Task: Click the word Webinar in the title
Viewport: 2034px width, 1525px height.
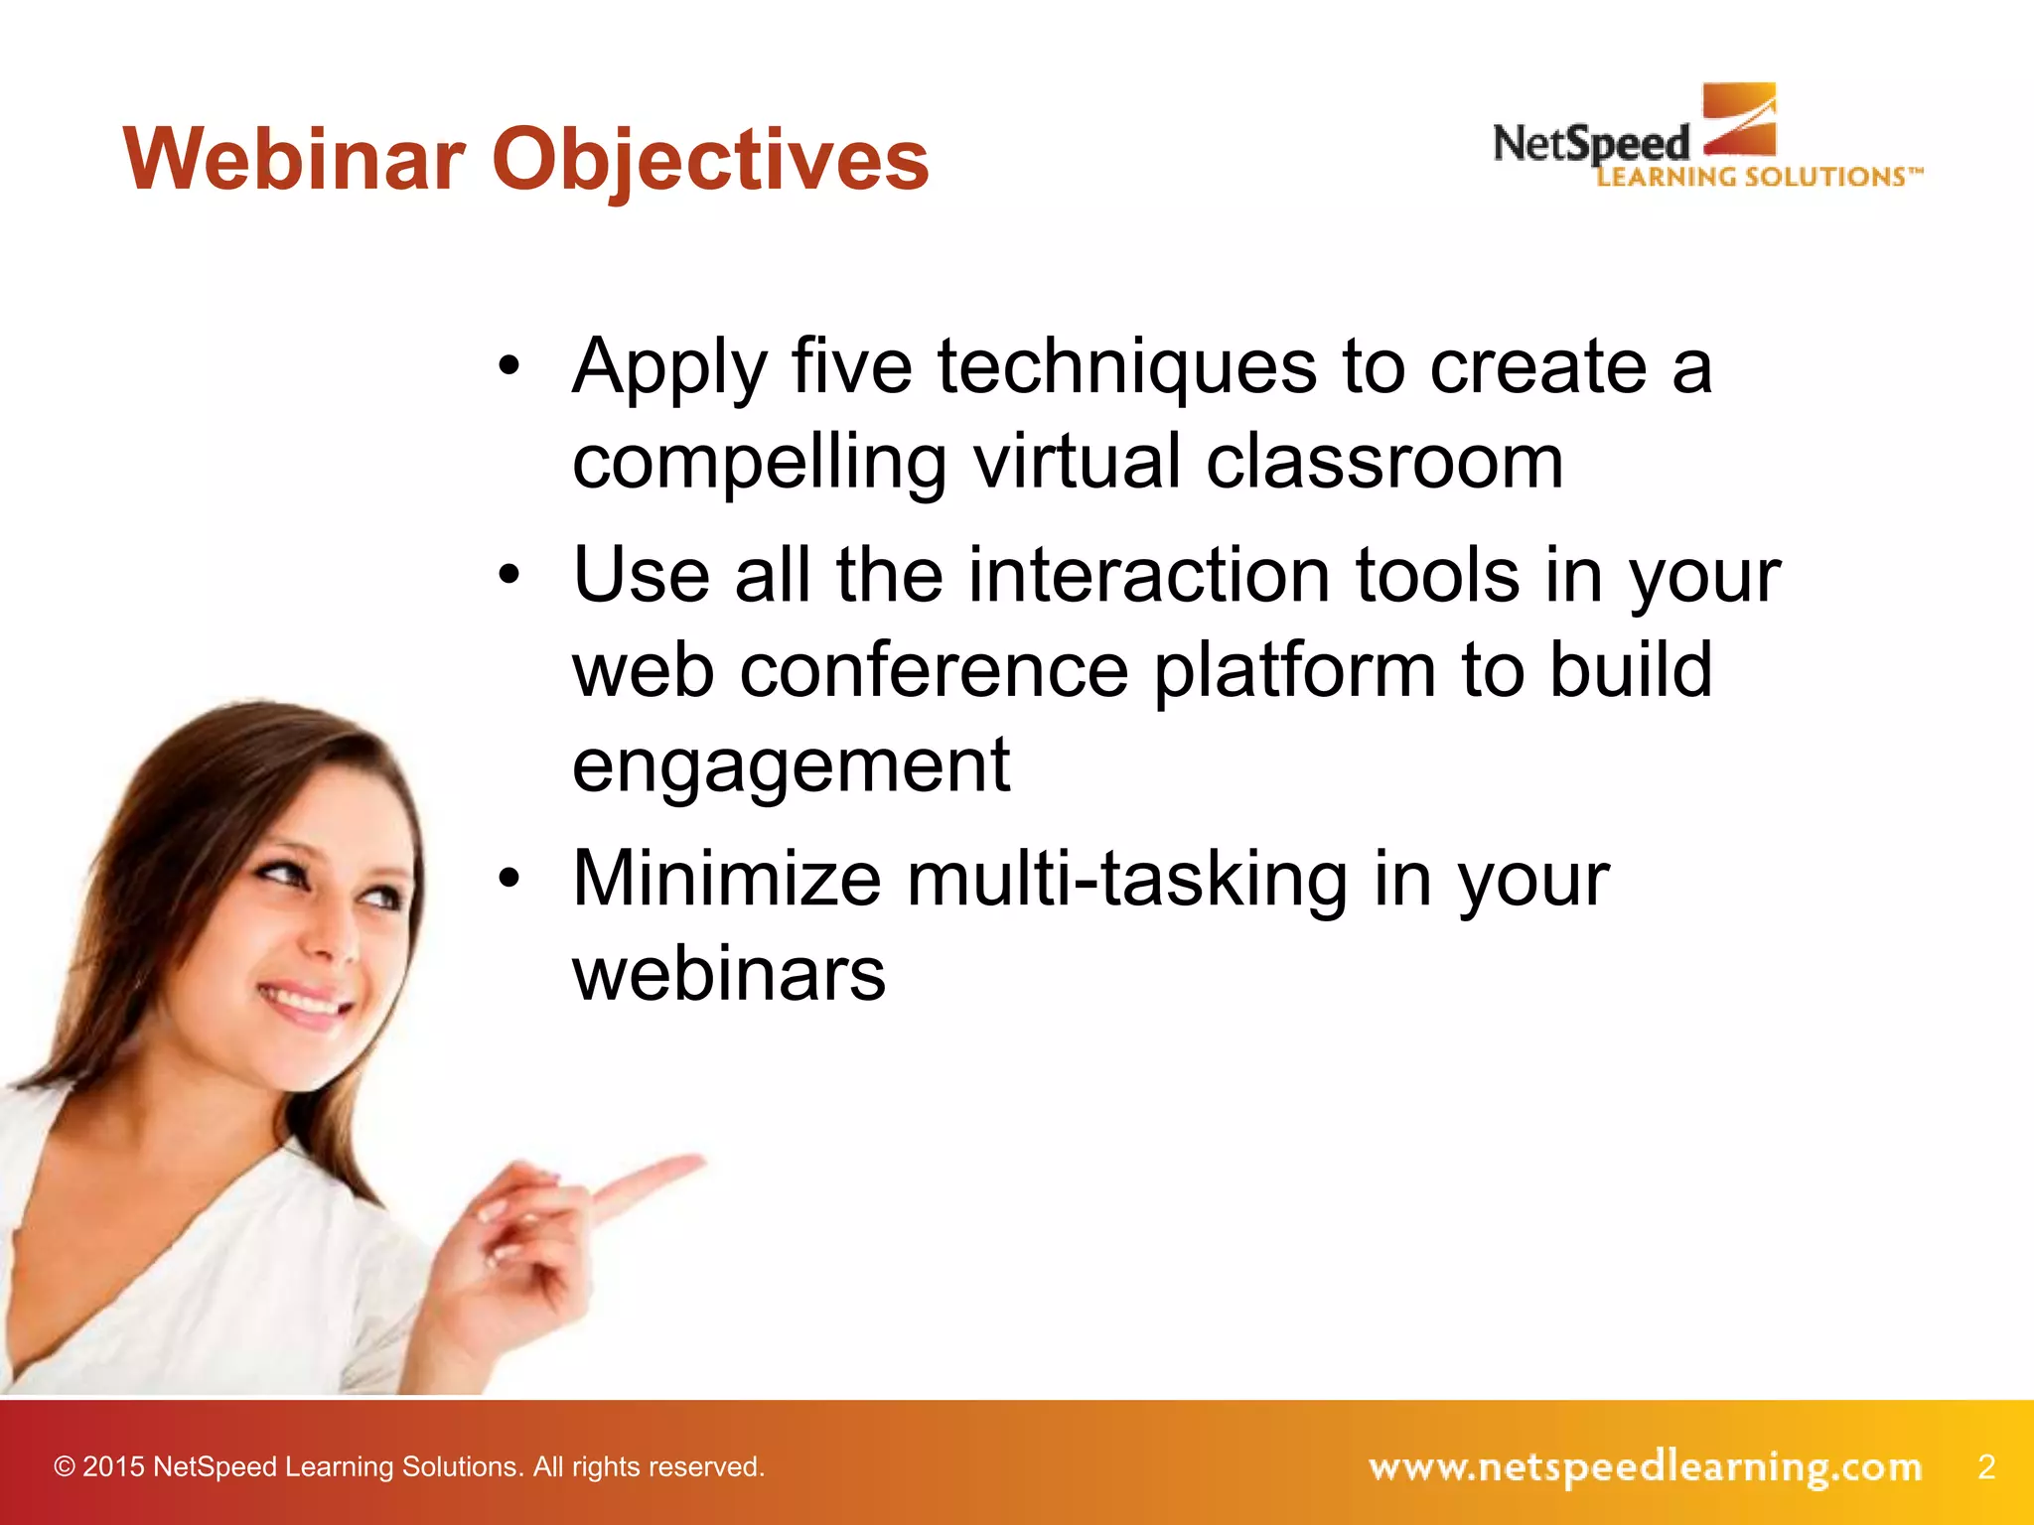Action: [295, 159]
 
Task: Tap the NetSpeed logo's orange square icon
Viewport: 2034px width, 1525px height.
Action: [1739, 119]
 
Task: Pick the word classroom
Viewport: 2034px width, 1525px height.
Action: [1384, 463]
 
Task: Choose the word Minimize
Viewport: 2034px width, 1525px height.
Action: [727, 879]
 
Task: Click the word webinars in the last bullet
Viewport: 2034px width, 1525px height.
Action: [729, 974]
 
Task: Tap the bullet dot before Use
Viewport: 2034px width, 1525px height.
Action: [509, 576]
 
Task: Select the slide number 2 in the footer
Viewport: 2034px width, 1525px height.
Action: [1985, 1466]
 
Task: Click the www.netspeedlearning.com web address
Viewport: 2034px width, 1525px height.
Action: [1645, 1467]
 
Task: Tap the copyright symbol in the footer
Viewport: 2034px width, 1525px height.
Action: [65, 1467]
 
